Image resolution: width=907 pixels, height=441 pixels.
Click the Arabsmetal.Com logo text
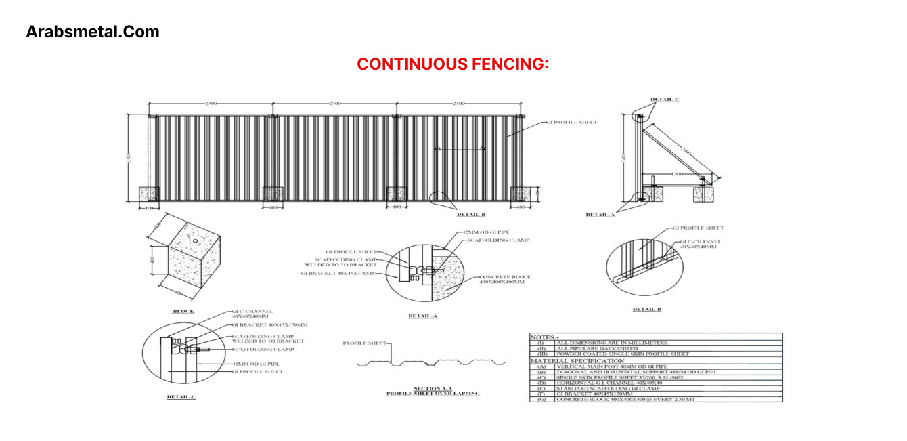pyautogui.click(x=93, y=31)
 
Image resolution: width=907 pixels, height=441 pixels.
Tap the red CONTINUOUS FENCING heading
pyautogui.click(x=452, y=64)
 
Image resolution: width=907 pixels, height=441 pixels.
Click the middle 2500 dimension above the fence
pyautogui.click(x=334, y=103)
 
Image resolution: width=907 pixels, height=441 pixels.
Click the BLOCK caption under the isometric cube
pyautogui.click(x=183, y=312)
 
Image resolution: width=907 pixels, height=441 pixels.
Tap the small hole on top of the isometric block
pyautogui.click(x=195, y=240)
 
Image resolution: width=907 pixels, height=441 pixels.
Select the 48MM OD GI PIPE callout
pyautogui.click(x=257, y=364)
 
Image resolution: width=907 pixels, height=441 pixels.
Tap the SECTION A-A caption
pyautogui.click(x=433, y=388)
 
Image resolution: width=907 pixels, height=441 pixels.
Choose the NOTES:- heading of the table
pyautogui.click(x=545, y=337)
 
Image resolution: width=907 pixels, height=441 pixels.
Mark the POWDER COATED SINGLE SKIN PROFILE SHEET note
pyautogui.click(x=623, y=354)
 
